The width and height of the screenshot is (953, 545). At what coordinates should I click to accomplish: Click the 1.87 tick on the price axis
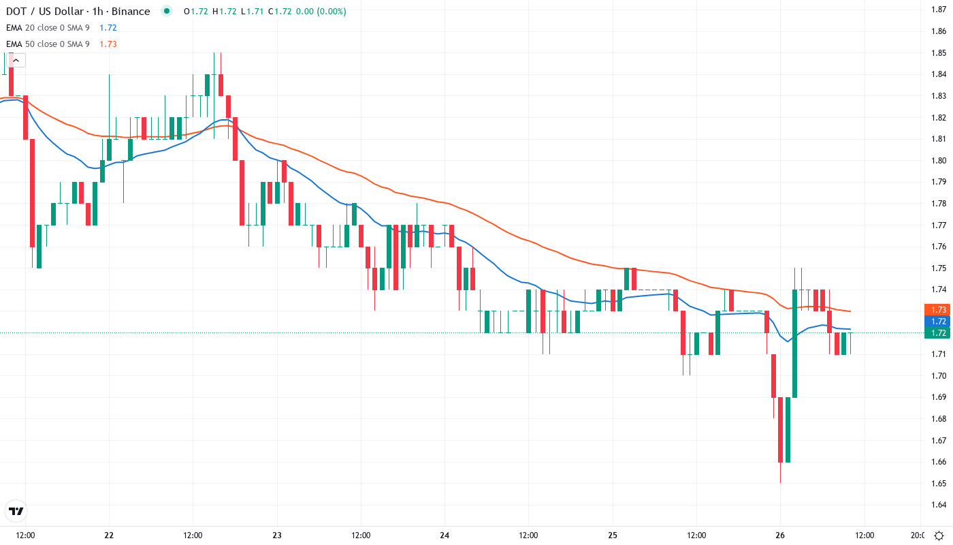[x=938, y=9]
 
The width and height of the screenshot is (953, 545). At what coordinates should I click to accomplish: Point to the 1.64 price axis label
[x=938, y=505]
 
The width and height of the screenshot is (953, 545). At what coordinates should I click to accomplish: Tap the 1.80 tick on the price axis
[x=938, y=160]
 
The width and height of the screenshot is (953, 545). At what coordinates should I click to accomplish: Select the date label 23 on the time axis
[x=277, y=535]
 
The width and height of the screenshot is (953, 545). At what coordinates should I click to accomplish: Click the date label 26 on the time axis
[x=780, y=535]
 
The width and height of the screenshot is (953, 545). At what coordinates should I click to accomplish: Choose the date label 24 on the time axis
[x=445, y=535]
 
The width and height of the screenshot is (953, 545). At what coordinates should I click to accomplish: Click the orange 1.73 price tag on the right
[x=937, y=309]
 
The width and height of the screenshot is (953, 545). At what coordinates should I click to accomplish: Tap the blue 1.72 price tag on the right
[x=937, y=321]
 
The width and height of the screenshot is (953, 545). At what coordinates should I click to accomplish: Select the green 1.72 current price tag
[x=937, y=332]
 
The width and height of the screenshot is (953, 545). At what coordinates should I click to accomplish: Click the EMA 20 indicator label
[x=48, y=27]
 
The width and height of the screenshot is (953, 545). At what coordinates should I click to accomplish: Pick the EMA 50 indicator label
[x=48, y=44]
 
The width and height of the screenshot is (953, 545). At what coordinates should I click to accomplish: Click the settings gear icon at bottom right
[x=938, y=535]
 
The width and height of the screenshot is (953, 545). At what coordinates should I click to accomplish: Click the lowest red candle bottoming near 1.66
[x=780, y=429]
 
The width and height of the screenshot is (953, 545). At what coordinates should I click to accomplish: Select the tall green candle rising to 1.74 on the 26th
[x=794, y=343]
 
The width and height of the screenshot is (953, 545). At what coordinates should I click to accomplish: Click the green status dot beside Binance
[x=167, y=11]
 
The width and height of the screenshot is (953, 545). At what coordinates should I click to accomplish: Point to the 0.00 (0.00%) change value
[x=321, y=12]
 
